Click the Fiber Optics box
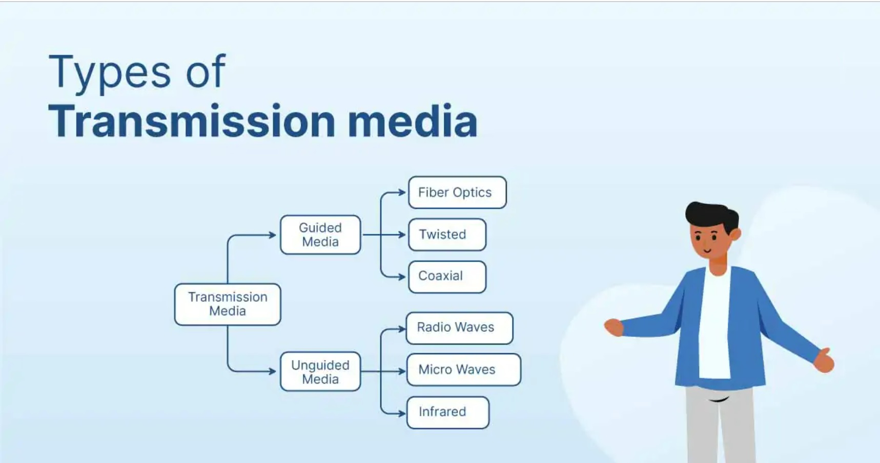(x=457, y=192)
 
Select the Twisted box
(x=446, y=234)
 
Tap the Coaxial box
(x=446, y=276)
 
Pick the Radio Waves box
(x=459, y=328)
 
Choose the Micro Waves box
(x=463, y=369)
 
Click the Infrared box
(x=447, y=412)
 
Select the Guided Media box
(x=320, y=235)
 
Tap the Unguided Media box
(x=320, y=372)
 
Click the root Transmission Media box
(x=228, y=304)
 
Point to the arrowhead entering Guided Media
(x=273, y=235)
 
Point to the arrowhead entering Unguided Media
(x=273, y=371)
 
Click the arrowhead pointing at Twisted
(x=402, y=235)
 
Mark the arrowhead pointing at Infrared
(x=402, y=413)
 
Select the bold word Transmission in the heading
(x=192, y=122)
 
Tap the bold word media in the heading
(x=413, y=122)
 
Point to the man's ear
(x=735, y=235)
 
